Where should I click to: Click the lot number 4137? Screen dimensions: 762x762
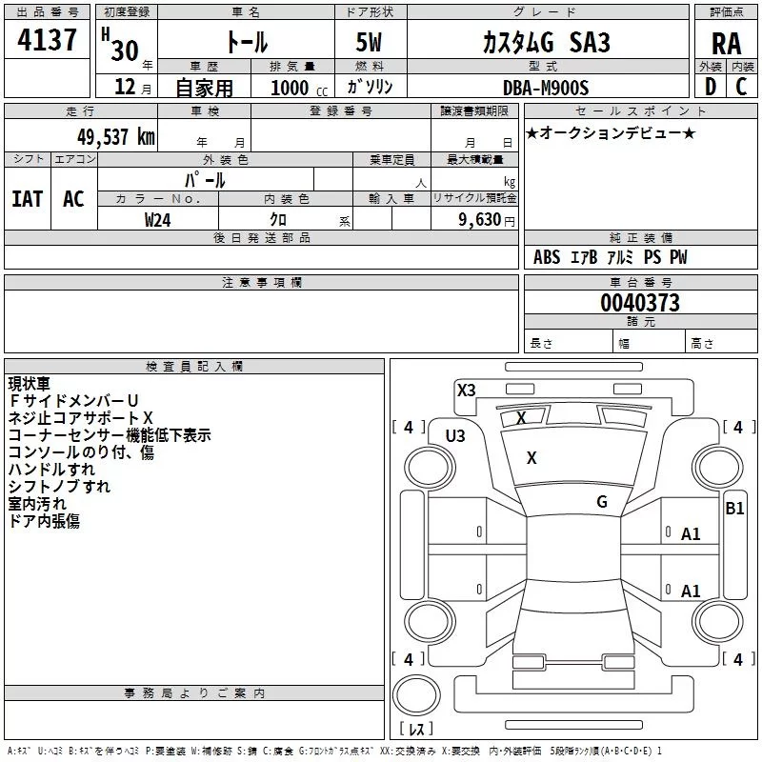point(48,42)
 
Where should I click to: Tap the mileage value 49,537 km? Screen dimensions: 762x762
point(115,136)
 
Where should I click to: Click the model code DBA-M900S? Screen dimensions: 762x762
point(546,88)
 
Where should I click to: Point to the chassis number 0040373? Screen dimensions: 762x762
point(640,303)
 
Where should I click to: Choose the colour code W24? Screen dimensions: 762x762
point(158,219)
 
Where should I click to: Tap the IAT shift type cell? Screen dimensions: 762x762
point(27,199)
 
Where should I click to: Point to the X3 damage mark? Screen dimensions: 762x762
point(466,390)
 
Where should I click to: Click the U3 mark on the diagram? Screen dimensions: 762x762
point(455,436)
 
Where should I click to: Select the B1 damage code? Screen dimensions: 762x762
point(734,509)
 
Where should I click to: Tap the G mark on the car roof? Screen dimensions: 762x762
point(602,502)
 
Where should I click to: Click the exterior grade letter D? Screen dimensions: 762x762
point(709,88)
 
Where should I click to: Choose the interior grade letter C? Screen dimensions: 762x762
point(742,88)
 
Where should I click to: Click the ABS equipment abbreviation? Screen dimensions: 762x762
point(547,257)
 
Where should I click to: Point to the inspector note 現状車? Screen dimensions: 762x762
point(30,384)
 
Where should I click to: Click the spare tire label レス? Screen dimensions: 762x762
point(416,730)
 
